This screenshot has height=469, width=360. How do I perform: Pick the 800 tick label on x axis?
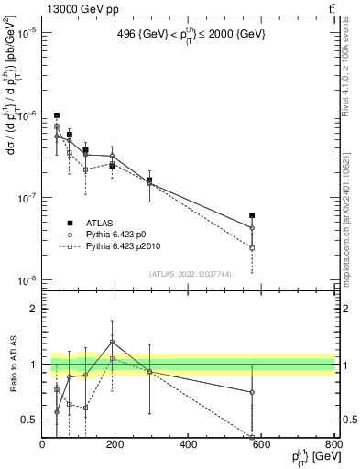tap(333, 444)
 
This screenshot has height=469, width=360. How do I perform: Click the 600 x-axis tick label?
tap(260, 444)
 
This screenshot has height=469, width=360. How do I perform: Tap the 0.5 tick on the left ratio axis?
tap(30, 420)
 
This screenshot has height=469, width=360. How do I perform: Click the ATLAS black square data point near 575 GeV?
tap(252, 215)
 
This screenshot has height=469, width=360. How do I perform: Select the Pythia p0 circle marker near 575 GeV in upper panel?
tap(252, 228)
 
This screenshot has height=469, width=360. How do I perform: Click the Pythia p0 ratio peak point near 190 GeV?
tap(112, 343)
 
